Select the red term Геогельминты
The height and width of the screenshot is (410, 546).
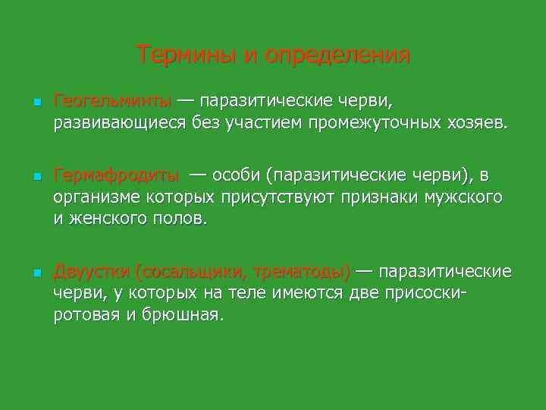click(114, 102)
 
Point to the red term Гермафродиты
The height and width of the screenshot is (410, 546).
click(117, 176)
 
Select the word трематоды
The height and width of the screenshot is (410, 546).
click(301, 272)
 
